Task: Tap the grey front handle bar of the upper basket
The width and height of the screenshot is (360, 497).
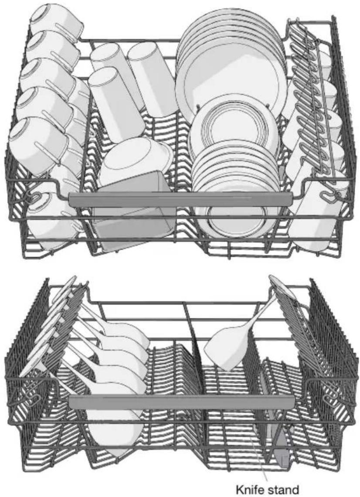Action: (x=180, y=199)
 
